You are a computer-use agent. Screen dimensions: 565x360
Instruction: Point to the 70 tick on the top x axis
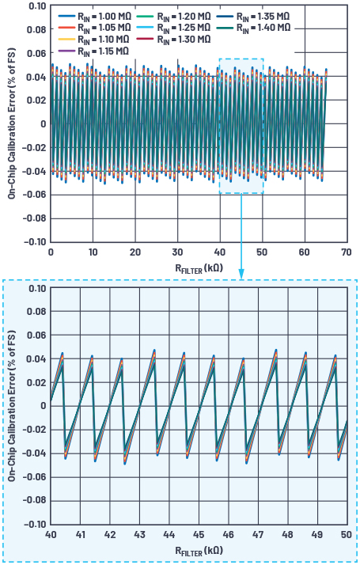click(346, 252)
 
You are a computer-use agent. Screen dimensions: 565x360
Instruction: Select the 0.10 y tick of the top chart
click(36, 6)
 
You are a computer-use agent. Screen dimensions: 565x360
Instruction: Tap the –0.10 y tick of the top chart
click(33, 242)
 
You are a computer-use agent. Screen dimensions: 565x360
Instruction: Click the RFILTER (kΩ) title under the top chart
click(198, 268)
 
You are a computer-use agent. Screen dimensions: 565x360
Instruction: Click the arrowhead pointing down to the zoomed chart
click(241, 274)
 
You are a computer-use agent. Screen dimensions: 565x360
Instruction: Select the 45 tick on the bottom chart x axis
click(198, 534)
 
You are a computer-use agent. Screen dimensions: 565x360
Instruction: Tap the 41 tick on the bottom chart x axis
click(80, 534)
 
